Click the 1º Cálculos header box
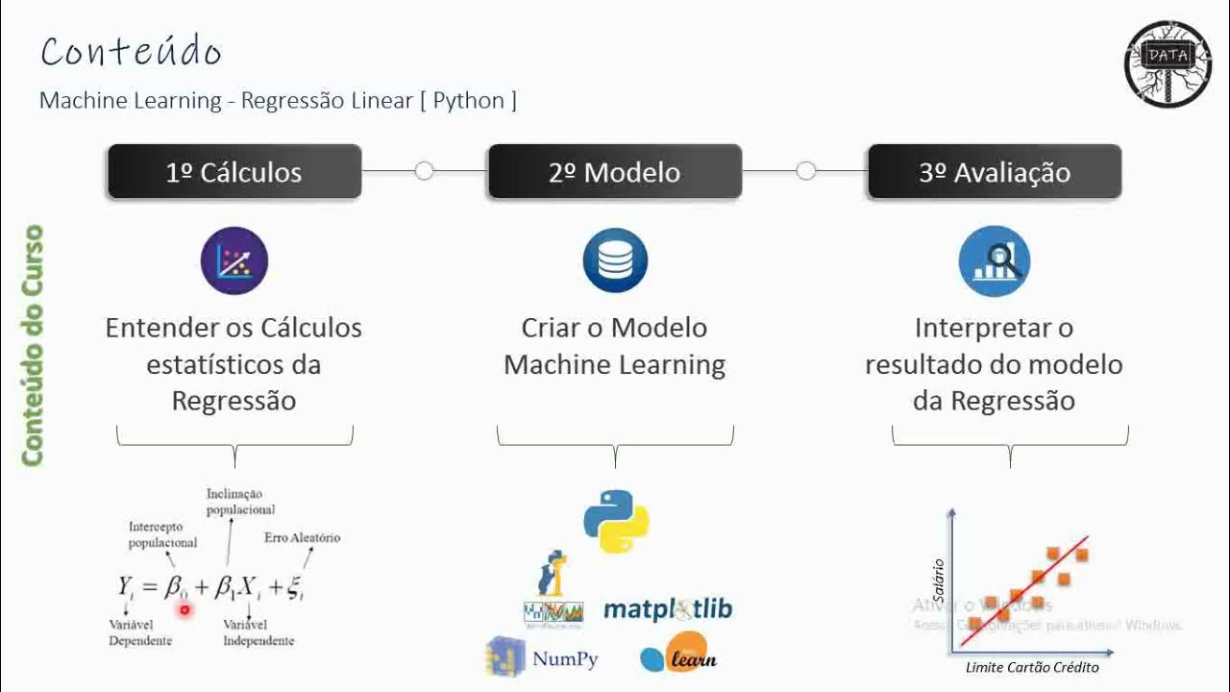(234, 172)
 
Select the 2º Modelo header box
(615, 172)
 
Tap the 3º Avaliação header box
(995, 172)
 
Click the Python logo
(616, 521)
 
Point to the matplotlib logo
(668, 609)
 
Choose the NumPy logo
(543, 657)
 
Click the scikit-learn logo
(678, 655)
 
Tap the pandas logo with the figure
(553, 590)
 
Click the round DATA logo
(1168, 63)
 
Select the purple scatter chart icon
(234, 260)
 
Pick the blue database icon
(615, 260)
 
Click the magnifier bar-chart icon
(995, 260)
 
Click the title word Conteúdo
(132, 52)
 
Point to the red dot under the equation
(184, 609)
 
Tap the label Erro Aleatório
(302, 537)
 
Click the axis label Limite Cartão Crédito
(1031, 667)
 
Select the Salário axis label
(940, 581)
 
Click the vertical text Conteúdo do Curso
(34, 346)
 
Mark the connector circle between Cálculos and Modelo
(424, 171)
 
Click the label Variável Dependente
(140, 632)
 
